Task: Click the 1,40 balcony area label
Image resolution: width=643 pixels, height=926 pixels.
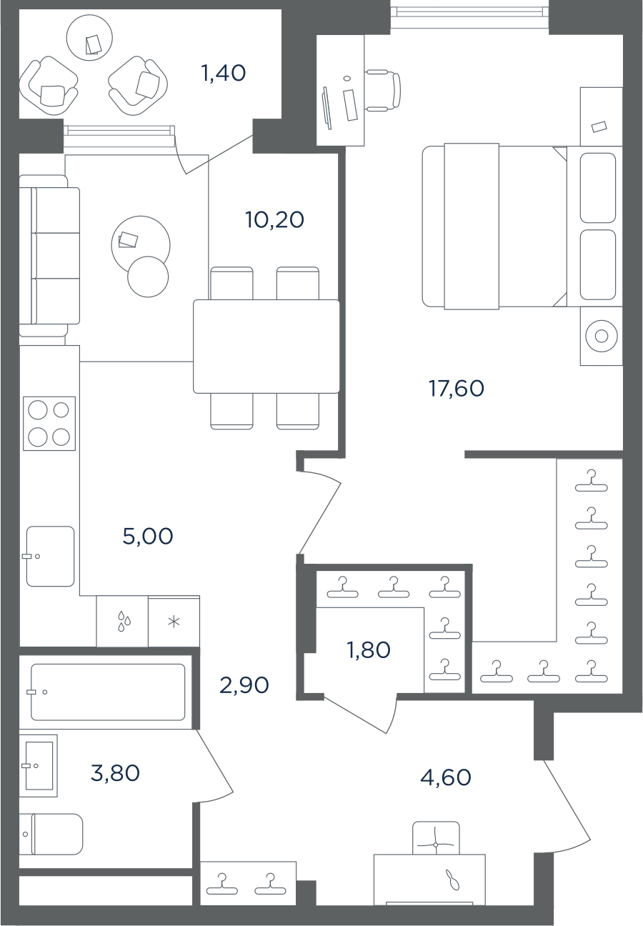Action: click(223, 73)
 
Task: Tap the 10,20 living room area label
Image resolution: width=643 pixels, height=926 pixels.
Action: click(274, 219)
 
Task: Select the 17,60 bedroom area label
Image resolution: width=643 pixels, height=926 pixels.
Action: click(457, 388)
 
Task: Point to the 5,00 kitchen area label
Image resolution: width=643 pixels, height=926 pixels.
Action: click(147, 536)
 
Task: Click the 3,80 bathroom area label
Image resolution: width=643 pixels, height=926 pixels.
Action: click(115, 772)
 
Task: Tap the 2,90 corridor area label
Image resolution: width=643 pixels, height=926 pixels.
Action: click(244, 685)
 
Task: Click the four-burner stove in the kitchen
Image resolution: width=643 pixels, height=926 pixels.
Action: click(49, 423)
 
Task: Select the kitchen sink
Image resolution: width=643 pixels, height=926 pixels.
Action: click(51, 556)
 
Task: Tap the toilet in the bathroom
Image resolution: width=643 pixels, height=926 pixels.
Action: click(51, 835)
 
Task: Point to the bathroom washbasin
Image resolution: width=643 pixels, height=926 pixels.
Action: click(39, 766)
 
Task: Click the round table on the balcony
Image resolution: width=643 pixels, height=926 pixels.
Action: click(89, 38)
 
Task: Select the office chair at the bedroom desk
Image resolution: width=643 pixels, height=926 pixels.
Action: click(383, 91)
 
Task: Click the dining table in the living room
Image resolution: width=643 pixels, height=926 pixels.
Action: click(266, 347)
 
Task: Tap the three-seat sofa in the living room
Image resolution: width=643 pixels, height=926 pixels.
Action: click(49, 256)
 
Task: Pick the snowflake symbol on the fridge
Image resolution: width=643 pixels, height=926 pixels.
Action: click(174, 622)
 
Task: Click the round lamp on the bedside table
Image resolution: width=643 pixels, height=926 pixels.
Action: click(602, 336)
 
